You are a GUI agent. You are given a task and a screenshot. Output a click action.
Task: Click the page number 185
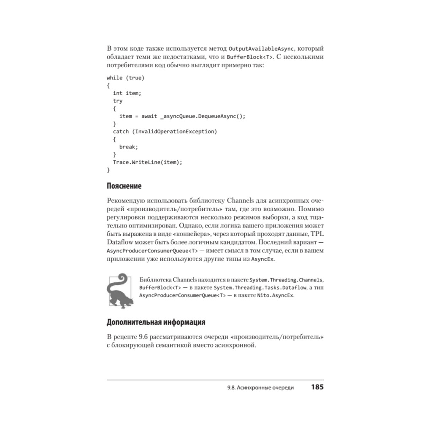tap(317, 387)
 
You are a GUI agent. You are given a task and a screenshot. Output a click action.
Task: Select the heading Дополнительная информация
tap(156, 323)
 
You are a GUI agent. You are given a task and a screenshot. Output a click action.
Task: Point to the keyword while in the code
tap(114, 78)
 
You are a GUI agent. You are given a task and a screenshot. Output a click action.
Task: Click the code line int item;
tap(127, 93)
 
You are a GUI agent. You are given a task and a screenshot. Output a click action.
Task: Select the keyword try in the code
tap(118, 101)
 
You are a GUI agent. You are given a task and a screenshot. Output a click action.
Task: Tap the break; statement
tap(129, 147)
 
